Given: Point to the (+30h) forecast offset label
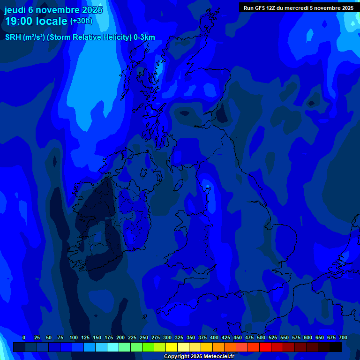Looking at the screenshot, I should coord(81,21).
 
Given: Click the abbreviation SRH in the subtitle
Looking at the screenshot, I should coord(13,37).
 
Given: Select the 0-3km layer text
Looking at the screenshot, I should coord(144,37).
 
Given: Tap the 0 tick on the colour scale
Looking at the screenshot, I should coord(24,337).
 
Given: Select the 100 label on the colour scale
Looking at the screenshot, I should coord(74,337).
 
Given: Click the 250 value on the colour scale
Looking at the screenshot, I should coord(144,337).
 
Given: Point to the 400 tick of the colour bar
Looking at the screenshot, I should coord(214,337).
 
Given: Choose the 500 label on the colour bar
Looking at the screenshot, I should coord(261,337).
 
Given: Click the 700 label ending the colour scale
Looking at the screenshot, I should coord(343,337).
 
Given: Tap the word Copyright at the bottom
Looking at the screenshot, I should coord(177,356).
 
